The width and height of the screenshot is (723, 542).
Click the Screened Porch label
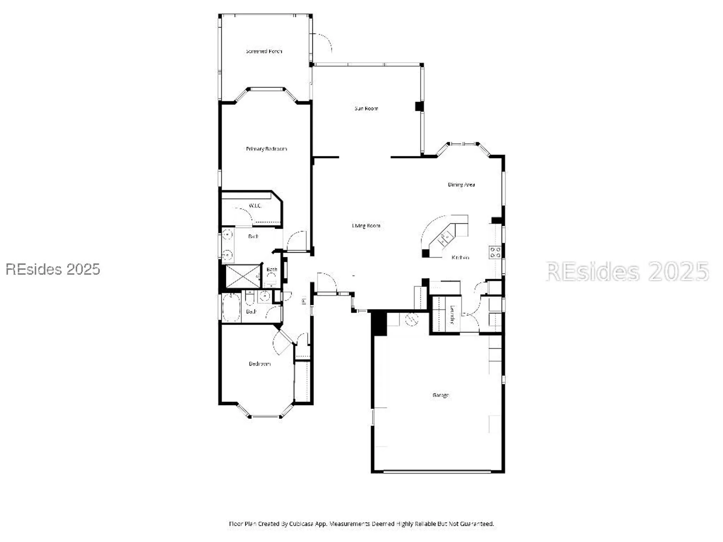(264, 51)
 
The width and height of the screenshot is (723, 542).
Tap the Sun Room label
(366, 108)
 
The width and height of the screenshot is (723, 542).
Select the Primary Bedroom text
(266, 149)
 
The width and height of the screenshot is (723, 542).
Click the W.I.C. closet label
(255, 206)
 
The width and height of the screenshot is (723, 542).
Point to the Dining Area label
(461, 185)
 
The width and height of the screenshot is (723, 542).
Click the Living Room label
(366, 226)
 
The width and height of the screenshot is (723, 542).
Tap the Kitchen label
(460, 258)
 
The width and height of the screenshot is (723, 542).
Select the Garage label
(440, 395)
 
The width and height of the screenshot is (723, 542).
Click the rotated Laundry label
(452, 314)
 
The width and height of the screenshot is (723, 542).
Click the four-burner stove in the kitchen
(495, 252)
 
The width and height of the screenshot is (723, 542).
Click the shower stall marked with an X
(243, 276)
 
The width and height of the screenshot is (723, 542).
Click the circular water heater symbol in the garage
(411, 319)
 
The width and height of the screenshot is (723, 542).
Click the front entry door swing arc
(326, 282)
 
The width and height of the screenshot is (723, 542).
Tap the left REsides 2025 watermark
(53, 270)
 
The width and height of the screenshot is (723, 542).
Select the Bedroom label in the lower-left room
(260, 364)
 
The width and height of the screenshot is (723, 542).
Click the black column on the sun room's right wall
(419, 107)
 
